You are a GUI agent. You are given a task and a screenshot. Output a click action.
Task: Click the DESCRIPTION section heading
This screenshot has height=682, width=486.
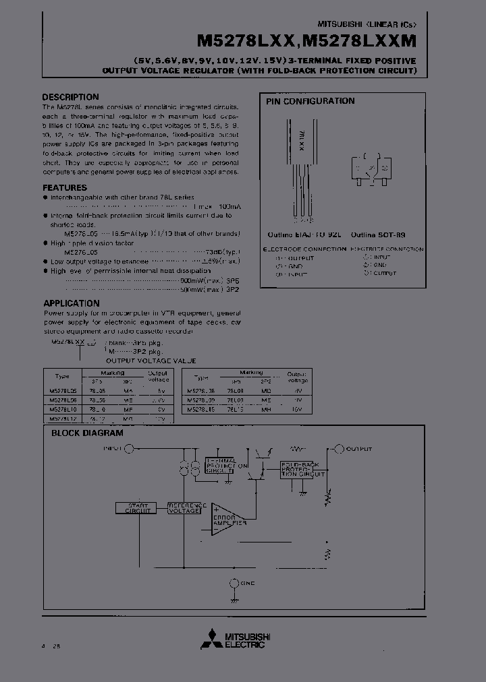pos(70,97)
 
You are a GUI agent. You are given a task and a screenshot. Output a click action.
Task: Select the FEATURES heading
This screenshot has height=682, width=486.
pos(65,188)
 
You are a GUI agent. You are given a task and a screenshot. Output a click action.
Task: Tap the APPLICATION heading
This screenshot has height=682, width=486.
pos(72,303)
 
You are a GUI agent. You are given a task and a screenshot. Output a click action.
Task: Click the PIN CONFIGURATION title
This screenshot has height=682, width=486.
pos(309,101)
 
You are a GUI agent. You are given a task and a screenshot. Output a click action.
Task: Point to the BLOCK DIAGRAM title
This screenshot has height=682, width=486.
pos(87,433)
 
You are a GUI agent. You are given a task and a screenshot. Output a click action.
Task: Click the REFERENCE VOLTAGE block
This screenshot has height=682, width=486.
pos(184,508)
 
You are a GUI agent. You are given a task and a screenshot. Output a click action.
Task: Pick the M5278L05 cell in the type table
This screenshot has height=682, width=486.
pos(63,390)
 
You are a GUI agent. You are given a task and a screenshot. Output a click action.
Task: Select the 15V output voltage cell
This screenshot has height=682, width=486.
pos(297,408)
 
